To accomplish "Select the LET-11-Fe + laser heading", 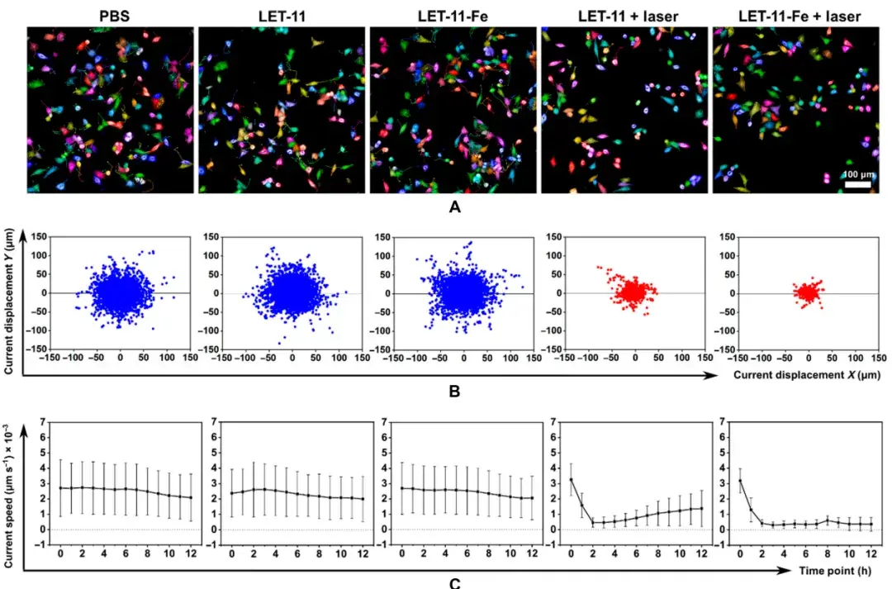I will pos(798,15).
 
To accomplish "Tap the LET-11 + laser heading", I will pos(625,15).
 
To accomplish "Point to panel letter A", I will pos(453,208).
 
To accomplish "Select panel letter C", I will pos(453,582).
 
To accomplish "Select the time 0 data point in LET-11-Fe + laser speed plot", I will pos(741,480).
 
